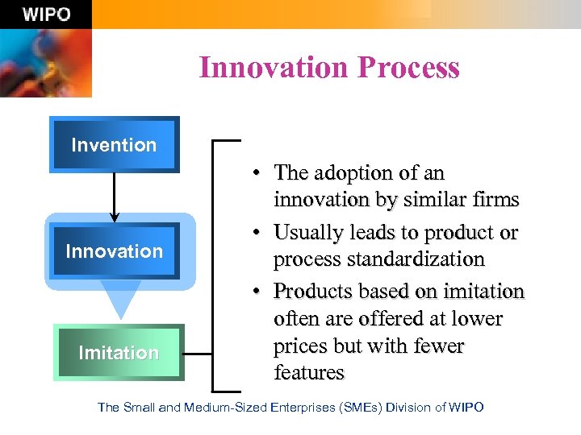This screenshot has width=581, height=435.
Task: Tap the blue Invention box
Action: tap(114, 145)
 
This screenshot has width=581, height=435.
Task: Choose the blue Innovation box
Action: tap(114, 251)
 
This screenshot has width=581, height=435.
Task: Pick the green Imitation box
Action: tap(119, 353)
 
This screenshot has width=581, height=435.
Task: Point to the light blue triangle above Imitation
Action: tap(120, 300)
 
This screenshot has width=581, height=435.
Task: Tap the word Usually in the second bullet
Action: tap(307, 233)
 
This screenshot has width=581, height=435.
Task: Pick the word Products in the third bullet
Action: tap(309, 291)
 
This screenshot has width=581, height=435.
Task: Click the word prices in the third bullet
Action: tap(302, 346)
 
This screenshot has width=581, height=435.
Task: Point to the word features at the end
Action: tap(309, 373)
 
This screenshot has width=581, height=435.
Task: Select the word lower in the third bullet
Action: tap(479, 319)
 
